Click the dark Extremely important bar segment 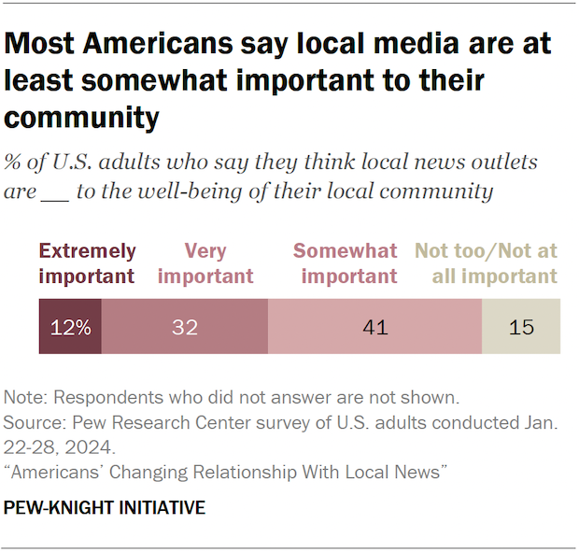tap(70, 327)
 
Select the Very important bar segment tap(184, 327)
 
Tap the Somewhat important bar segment tap(374, 327)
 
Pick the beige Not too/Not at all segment tap(521, 327)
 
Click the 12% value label tap(70, 328)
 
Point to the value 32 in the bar tap(184, 328)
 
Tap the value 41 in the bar tap(374, 328)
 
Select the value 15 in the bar tap(521, 328)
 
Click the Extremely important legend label tap(87, 264)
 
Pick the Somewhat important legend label tap(345, 264)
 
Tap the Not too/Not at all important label tap(487, 264)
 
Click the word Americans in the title tap(141, 44)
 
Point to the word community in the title tap(81, 119)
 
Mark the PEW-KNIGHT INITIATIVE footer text tap(105, 508)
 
